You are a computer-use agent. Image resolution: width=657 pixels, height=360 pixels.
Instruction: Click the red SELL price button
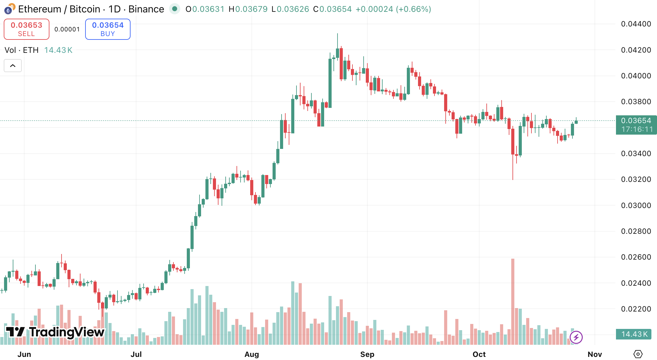click(x=26, y=29)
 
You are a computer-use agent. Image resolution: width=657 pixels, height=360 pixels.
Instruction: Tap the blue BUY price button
click(x=108, y=29)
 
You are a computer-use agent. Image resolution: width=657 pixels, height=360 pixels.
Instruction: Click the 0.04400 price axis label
click(x=636, y=24)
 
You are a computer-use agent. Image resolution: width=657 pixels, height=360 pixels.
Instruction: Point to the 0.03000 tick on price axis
click(x=636, y=205)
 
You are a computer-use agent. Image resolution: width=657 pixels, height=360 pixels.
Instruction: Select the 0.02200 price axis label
click(x=636, y=309)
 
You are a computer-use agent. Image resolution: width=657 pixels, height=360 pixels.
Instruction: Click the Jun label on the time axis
click(x=24, y=354)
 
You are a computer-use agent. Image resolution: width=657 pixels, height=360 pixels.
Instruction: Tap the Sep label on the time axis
click(x=367, y=354)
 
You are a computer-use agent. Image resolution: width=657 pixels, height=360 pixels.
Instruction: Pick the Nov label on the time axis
click(x=595, y=354)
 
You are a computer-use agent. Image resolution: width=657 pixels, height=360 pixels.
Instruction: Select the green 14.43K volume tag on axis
click(x=634, y=334)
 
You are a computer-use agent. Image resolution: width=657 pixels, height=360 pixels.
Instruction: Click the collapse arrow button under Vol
click(x=13, y=66)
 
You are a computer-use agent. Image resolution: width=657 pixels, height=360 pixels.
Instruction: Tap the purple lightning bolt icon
click(x=576, y=337)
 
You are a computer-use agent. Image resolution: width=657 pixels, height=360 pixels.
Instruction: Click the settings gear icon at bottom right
click(x=638, y=354)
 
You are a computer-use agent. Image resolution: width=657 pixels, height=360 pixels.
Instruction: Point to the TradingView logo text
click(x=55, y=332)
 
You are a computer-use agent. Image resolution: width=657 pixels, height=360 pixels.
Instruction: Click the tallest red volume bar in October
click(x=512, y=302)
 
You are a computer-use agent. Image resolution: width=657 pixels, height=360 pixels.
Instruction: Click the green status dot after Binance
click(x=175, y=9)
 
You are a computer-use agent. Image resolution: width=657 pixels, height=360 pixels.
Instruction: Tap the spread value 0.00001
click(x=67, y=29)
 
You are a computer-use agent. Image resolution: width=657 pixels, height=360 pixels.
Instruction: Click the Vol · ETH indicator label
click(x=22, y=50)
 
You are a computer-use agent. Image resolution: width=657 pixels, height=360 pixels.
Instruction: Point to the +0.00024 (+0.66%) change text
click(x=393, y=9)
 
